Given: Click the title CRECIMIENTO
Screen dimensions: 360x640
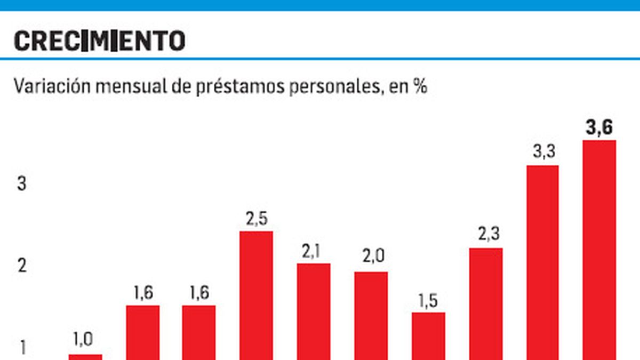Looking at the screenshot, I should [100, 41].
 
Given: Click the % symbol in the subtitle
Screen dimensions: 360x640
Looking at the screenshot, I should [420, 86].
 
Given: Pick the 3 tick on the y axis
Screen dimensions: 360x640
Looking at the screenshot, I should [22, 184].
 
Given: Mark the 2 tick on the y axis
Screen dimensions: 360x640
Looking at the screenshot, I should [22, 266].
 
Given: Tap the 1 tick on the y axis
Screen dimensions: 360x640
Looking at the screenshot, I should [22, 348].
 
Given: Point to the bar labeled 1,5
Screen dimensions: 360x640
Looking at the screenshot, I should [428, 336].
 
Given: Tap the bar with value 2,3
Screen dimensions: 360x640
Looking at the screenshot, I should [486, 303].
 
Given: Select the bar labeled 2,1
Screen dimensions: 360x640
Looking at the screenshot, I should [314, 311].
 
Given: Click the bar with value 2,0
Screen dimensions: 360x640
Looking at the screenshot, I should [371, 316].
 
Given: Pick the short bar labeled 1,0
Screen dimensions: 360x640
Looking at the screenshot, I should [85, 357].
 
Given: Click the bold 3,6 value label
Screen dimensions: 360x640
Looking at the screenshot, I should [599, 128].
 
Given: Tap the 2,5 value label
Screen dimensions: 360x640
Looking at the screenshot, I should [256, 219].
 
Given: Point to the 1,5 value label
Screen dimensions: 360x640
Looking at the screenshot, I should [428, 301].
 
